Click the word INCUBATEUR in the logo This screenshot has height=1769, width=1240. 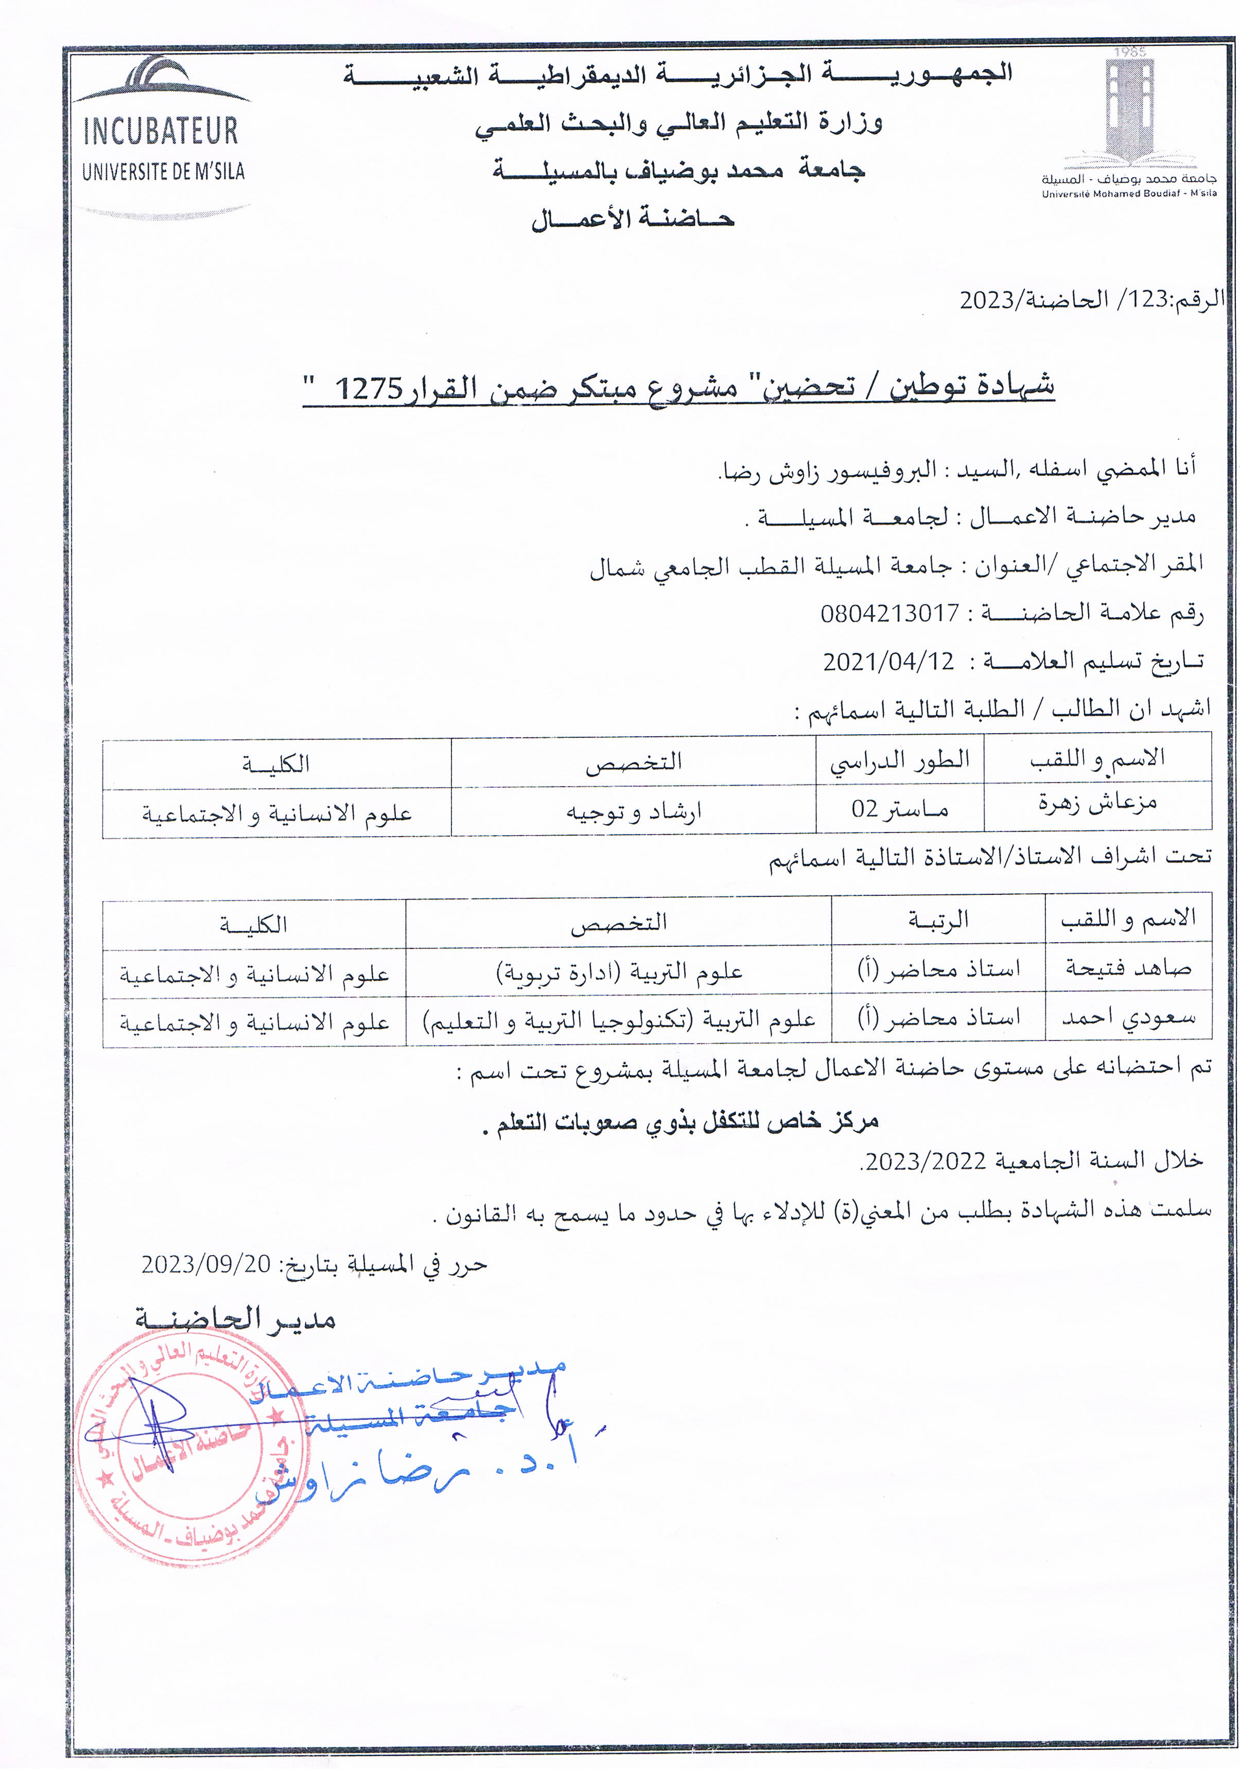[x=160, y=131]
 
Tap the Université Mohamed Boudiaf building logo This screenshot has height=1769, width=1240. [x=1130, y=108]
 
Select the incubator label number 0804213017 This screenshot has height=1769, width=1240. [x=889, y=613]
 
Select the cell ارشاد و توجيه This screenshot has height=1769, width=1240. [x=633, y=811]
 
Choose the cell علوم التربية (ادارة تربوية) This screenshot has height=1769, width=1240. [x=619, y=972]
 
